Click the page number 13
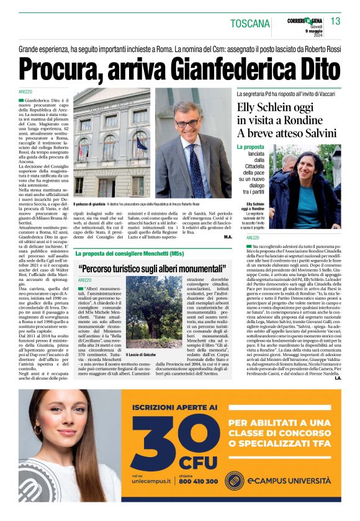point(335,22)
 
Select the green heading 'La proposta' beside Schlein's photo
point(250,147)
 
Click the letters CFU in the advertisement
point(198,463)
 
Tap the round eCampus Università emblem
point(233,480)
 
